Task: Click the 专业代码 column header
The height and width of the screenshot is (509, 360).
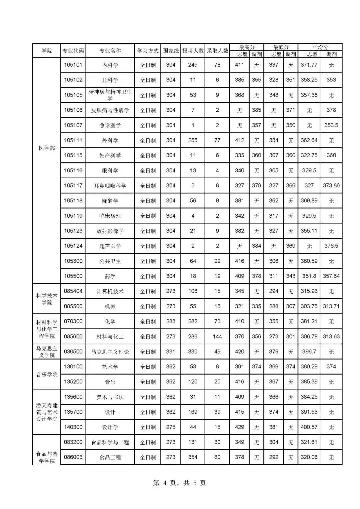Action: (73, 51)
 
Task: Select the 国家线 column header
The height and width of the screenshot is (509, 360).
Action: (171, 51)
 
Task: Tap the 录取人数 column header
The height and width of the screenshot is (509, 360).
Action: (217, 51)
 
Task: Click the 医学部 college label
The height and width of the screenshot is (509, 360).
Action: (47, 148)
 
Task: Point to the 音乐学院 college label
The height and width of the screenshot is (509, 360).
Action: (47, 374)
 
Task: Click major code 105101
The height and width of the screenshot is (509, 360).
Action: (73, 65)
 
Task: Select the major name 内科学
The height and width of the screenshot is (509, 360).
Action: (110, 65)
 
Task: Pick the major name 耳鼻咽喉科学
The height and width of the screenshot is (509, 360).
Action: (110, 186)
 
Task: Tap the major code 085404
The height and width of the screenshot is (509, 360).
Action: (73, 291)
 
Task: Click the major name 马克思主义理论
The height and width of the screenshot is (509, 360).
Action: (110, 352)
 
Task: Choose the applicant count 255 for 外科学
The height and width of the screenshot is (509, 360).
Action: (193, 140)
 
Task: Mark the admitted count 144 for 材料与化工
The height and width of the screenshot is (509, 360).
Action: (217, 336)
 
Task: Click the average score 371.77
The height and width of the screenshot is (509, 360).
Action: (309, 65)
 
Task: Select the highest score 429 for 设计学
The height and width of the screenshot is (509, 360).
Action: (239, 427)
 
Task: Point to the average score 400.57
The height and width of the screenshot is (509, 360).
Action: (309, 427)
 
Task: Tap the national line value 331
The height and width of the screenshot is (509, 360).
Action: (171, 351)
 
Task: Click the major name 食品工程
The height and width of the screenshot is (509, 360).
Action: (110, 457)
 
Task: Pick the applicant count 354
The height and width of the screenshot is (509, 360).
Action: (193, 457)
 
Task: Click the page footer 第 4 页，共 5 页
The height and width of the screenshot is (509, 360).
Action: (179, 483)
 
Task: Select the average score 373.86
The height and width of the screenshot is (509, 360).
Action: (331, 185)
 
